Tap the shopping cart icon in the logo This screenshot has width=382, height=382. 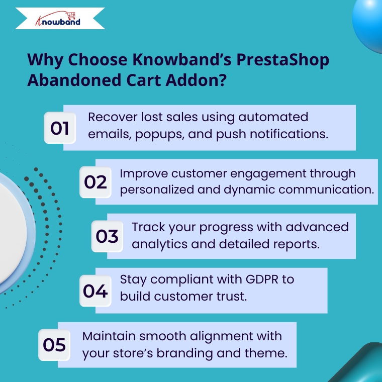[71, 16]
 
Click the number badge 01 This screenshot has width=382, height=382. [60, 128]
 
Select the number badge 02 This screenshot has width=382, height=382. [95, 182]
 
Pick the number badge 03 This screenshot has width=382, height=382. [107, 236]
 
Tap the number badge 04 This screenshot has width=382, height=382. [95, 291]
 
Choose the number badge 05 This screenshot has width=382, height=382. [54, 345]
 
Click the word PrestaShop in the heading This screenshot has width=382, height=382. [282, 60]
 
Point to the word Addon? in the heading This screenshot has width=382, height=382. [196, 80]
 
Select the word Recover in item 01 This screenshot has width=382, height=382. [113, 117]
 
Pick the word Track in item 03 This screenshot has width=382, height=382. [148, 227]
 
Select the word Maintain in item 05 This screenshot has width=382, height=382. [109, 336]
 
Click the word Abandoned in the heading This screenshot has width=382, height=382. [74, 80]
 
